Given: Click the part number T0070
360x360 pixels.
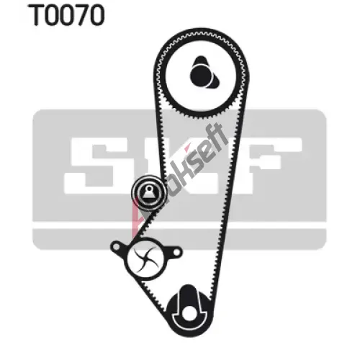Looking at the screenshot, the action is click(67, 15).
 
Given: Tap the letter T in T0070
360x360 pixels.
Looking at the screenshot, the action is click(36, 15).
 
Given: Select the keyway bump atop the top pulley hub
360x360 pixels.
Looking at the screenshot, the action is click(201, 60).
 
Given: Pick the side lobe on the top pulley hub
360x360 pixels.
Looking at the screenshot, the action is click(215, 81).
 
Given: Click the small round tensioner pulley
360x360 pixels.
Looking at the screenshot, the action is click(148, 192).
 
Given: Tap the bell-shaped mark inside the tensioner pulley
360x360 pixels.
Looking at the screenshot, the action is click(148, 192).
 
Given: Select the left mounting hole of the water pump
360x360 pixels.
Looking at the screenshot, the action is click(116, 246).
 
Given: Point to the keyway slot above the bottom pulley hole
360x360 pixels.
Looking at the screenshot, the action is click(188, 297).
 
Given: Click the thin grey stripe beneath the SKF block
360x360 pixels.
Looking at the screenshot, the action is click(179, 239).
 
